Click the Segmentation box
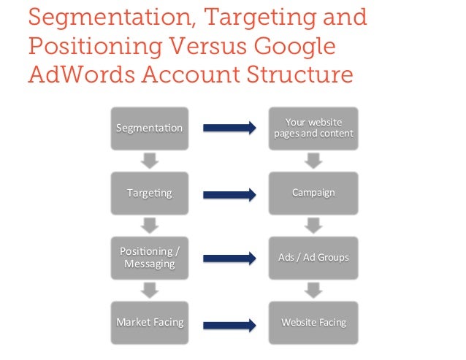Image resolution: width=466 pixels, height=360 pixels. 149,129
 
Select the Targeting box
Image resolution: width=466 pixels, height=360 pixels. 149,193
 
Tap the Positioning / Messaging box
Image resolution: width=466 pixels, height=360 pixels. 149,258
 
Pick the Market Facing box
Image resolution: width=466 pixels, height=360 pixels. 149,322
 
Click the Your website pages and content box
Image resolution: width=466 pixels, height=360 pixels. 313,129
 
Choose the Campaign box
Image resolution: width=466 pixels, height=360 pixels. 313,193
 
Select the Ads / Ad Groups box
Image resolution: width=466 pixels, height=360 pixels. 313,258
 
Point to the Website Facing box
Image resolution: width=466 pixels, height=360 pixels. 313,322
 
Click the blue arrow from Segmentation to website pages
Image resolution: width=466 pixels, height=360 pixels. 229,129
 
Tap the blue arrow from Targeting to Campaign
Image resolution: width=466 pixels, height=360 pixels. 229,194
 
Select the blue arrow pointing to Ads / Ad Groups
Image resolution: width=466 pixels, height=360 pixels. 229,258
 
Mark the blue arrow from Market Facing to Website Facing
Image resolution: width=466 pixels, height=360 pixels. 229,322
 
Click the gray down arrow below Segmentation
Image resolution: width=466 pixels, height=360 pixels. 149,161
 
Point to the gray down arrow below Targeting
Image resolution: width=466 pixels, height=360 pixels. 149,225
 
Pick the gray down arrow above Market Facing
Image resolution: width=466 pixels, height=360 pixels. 149,290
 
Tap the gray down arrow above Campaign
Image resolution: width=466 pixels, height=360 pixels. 313,161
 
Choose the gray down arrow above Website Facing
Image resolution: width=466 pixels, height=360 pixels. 313,290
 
